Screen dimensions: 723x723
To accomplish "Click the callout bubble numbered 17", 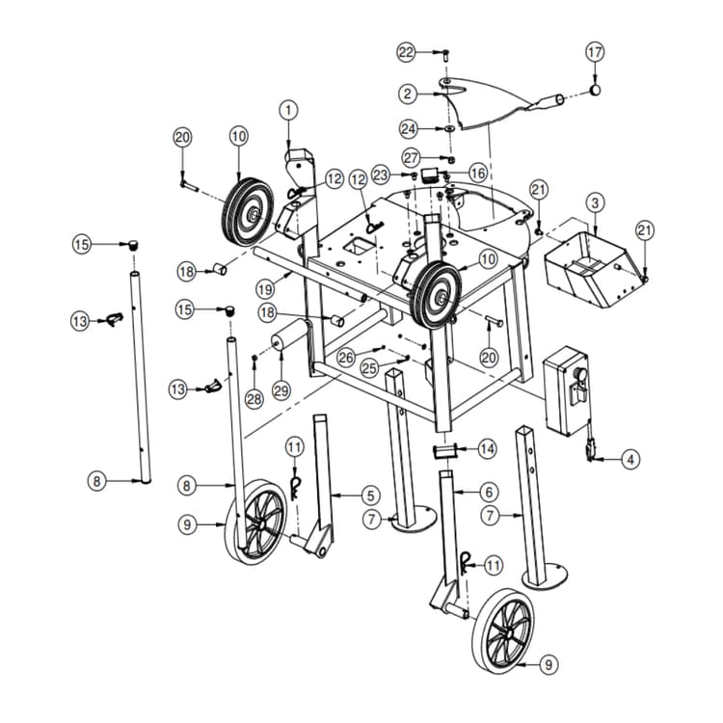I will coord(595,50).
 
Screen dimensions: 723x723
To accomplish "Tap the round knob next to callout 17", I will coord(596,90).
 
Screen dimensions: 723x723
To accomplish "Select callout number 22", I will coord(407,50).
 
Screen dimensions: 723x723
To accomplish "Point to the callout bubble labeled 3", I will coord(596,202).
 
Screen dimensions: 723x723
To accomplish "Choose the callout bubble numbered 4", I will coord(629,461).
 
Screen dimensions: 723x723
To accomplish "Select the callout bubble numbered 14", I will coord(487,448).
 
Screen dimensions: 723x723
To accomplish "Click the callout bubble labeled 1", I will coord(286,111).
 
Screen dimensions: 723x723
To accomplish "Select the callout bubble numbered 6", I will coord(488,491).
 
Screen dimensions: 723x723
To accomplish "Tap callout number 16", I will coord(477,174).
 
